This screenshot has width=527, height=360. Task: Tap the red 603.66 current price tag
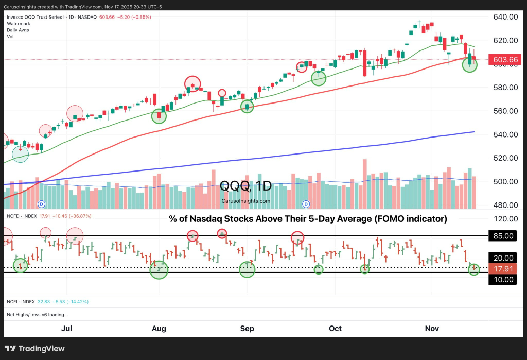tap(504, 60)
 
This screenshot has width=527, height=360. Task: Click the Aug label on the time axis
tap(159, 328)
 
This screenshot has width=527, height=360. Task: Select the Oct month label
tap(335, 328)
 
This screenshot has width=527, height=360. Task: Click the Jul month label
tap(67, 328)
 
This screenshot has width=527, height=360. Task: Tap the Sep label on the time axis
tap(248, 328)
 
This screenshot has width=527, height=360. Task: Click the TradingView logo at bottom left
tap(35, 349)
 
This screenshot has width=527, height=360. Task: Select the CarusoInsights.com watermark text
tap(246, 201)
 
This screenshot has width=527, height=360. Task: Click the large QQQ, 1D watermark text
tap(246, 186)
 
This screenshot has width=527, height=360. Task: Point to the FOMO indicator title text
tap(308, 219)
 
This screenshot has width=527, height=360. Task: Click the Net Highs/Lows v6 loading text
tap(38, 314)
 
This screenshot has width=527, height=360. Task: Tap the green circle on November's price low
tap(470, 64)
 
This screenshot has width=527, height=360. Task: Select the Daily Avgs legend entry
tap(18, 30)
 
